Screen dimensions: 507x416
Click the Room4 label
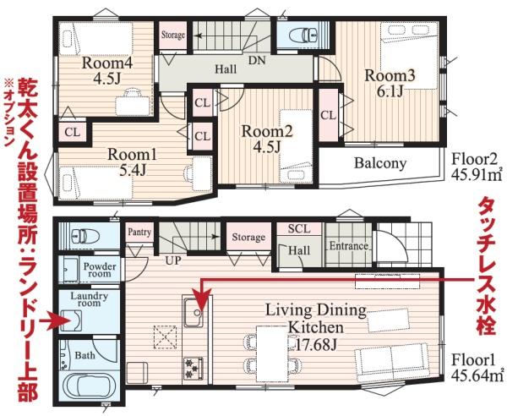pos(107,63)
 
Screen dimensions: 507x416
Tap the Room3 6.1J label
pos(390,83)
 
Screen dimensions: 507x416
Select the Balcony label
pos(380,163)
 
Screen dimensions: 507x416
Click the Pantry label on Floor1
pos(139,232)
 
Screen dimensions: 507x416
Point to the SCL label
pos(299,228)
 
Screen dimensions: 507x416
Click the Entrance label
pos(348,246)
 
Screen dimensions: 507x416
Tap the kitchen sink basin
pos(194,312)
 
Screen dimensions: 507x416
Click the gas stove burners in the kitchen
pos(194,368)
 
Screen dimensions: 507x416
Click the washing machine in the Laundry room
pos(71,320)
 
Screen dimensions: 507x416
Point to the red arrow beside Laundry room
pos(55,321)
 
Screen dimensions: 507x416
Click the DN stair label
pos(257,61)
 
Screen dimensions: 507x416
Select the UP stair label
pos(173,260)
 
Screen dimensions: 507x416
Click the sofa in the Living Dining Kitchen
pos(392,359)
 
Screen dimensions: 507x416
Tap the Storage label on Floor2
pos(173,35)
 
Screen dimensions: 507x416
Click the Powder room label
pos(99,270)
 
